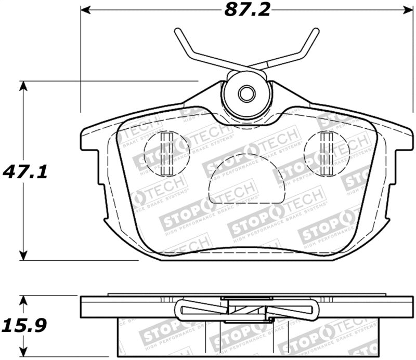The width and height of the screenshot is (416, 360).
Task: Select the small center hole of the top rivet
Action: pyautogui.click(x=246, y=94)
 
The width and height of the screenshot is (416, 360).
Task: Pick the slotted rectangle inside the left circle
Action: pyautogui.click(x=167, y=153)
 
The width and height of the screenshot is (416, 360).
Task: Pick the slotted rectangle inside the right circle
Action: pyautogui.click(x=327, y=153)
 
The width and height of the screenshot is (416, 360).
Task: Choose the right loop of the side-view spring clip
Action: pyautogui.click(x=307, y=311)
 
